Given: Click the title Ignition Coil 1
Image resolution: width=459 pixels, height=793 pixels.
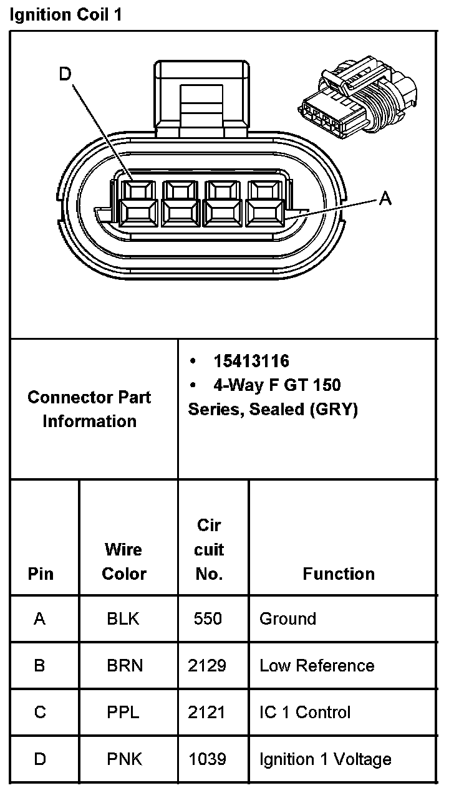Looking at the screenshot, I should (x=65, y=15).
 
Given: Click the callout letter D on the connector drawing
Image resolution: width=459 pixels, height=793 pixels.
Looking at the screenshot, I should (x=65, y=75).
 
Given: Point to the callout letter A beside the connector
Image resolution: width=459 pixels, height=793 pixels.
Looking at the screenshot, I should (x=385, y=198).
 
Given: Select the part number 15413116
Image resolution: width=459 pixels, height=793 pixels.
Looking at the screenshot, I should (x=251, y=361).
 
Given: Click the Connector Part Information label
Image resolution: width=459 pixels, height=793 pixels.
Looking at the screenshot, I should (x=89, y=409).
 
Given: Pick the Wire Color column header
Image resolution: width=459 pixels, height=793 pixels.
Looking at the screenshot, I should (x=123, y=561).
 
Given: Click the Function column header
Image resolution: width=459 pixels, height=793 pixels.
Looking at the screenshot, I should (x=339, y=574).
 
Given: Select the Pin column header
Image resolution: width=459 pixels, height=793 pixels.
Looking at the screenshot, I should (x=41, y=574).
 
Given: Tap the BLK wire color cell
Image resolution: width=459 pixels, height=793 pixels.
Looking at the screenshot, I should (x=123, y=618).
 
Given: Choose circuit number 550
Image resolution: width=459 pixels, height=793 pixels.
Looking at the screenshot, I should (x=208, y=618).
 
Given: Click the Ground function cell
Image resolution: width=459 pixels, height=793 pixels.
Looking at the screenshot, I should (x=287, y=618).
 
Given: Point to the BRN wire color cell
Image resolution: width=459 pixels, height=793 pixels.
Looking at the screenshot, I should (x=125, y=665).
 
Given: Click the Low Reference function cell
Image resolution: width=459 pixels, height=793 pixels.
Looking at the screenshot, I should (x=317, y=665).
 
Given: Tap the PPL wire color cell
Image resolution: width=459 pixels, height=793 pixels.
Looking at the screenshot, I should (x=124, y=712).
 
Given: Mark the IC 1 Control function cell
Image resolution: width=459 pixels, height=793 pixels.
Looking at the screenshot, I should (x=305, y=712).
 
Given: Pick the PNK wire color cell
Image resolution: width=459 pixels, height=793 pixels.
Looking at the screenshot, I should (x=124, y=759).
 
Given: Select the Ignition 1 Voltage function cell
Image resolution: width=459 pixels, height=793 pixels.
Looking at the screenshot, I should (x=325, y=759).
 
